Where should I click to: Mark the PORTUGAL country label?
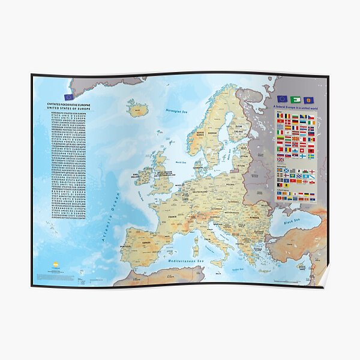[125, 246]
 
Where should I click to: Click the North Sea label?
[179, 162]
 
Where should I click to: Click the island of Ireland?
[143, 176]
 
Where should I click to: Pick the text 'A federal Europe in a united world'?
[295, 107]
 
